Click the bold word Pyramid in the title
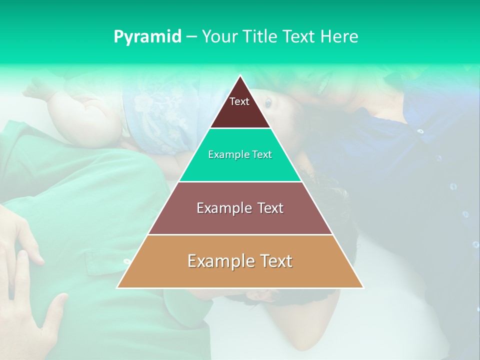(147, 36)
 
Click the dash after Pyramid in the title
(191, 37)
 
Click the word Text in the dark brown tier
(239, 101)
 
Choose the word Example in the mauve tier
(224, 208)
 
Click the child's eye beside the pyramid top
(268, 102)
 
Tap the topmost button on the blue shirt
(420, 131)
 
